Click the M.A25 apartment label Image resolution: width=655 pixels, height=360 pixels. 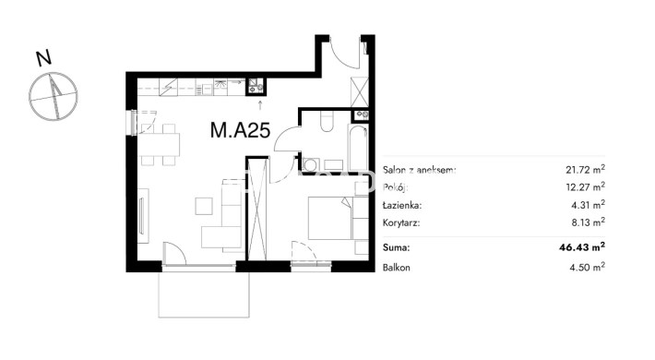tap(240, 130)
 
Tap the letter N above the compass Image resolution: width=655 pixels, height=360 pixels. tap(43, 58)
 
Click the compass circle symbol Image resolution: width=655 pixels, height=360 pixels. tap(54, 97)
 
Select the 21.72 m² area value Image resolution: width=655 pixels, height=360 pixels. tap(585, 169)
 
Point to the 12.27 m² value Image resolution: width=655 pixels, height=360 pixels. tap(585, 186)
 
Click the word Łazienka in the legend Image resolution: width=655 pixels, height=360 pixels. tap(402, 205)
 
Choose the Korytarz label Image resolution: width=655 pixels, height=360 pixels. tap(401, 222)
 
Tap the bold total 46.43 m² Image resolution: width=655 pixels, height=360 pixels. tap(582, 247)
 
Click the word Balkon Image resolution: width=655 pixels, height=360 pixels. tap(397, 268)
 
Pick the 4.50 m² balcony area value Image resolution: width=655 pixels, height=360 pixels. tap(588, 267)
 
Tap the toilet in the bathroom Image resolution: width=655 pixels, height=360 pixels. tap(327, 121)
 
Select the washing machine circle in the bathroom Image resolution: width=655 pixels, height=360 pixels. tap(310, 164)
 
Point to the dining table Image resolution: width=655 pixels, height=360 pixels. tap(159, 145)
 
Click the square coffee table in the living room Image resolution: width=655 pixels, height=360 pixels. tap(204, 206)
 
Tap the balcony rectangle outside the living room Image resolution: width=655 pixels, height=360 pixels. tap(204, 294)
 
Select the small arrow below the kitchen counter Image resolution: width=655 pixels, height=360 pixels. tap(260, 105)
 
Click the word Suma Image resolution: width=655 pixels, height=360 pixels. tap(396, 247)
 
